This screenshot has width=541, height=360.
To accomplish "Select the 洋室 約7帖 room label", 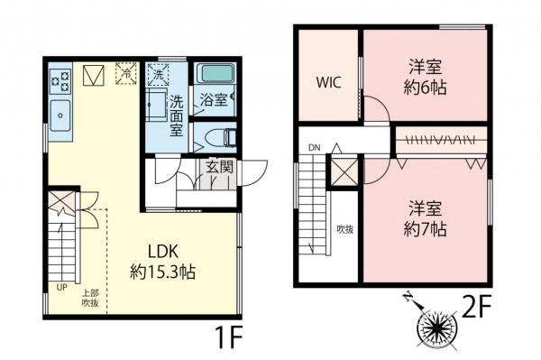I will tap(426, 217).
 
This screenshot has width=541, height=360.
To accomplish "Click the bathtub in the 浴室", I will tap(215, 73).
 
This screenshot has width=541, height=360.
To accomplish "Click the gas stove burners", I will tap(60, 81).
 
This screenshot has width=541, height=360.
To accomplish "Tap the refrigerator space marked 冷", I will tap(126, 72).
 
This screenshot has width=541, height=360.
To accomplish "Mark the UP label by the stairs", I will tap(61, 287).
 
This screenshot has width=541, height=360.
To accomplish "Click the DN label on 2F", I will tap(314, 147).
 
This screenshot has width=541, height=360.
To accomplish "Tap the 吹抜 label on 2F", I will tap(344, 229).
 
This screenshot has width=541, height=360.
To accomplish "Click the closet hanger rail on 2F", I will tap(441, 140).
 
